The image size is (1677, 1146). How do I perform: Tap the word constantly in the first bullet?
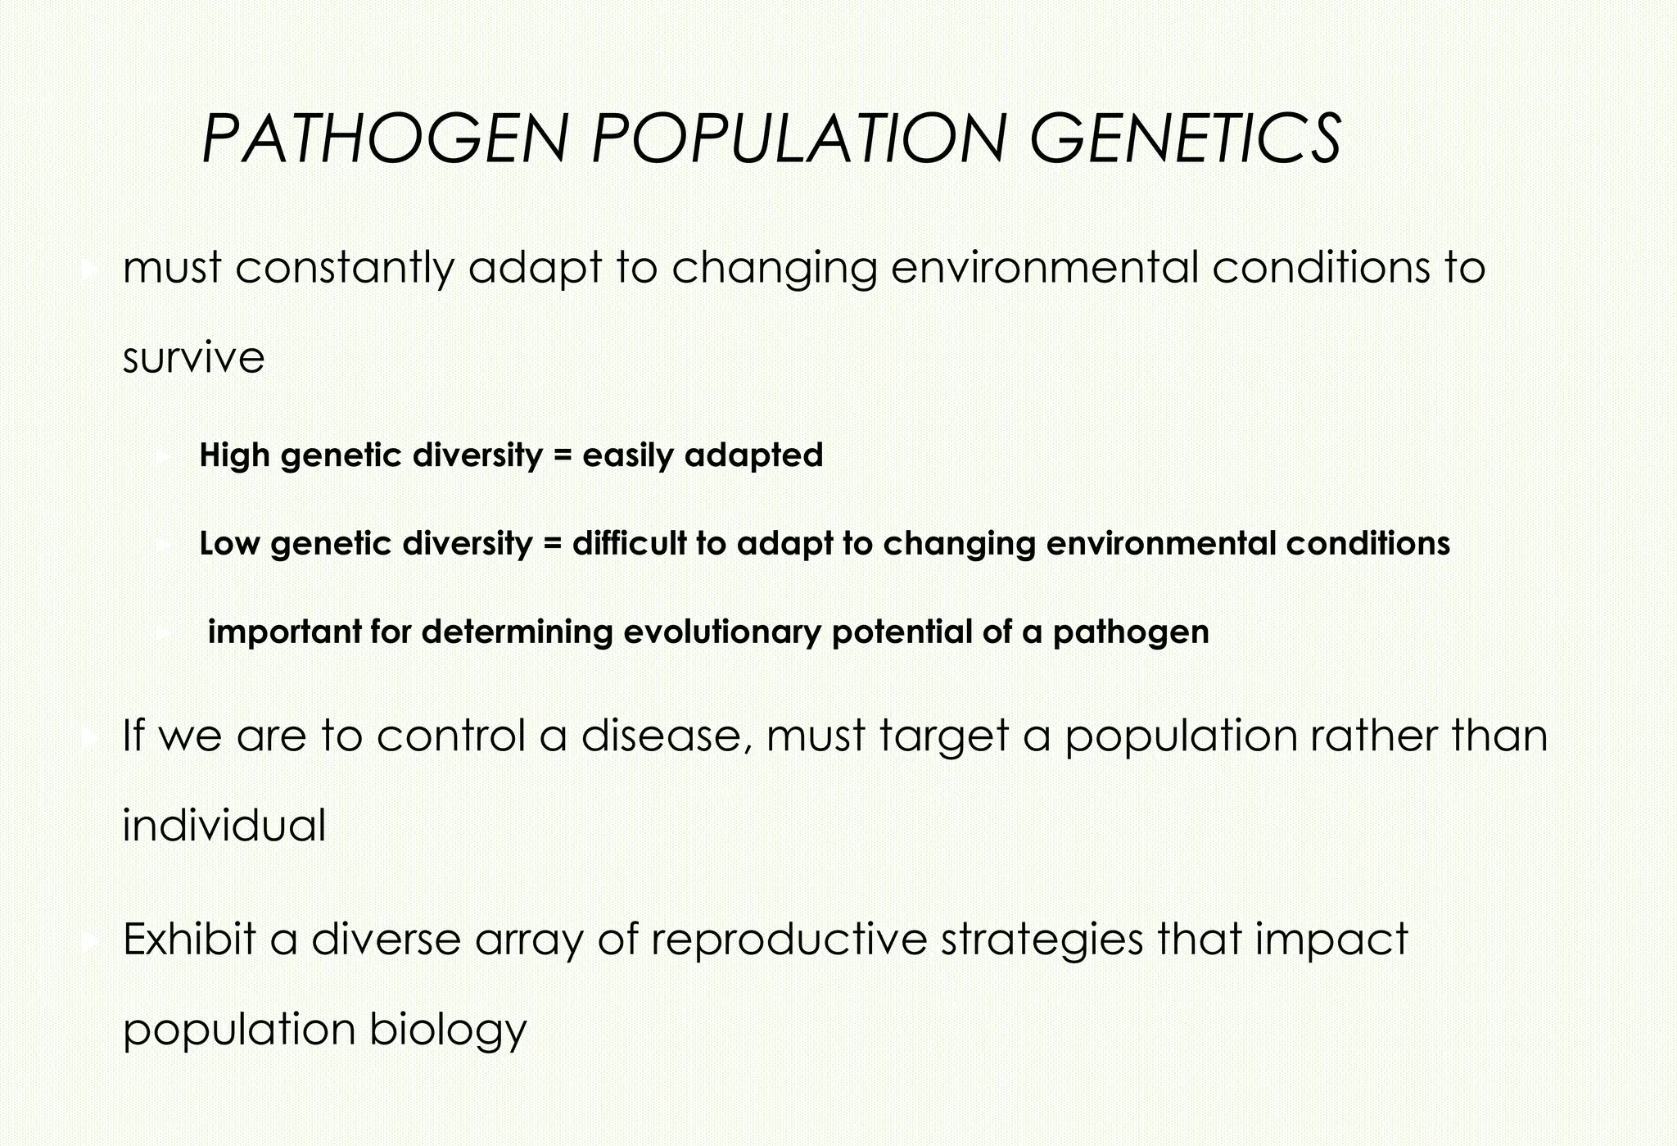[x=343, y=269]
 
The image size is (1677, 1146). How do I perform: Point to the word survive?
[x=193, y=358]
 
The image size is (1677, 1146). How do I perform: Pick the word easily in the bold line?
[x=627, y=455]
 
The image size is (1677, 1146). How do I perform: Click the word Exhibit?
[x=189, y=939]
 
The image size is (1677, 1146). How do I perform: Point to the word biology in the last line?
[x=448, y=1030]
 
